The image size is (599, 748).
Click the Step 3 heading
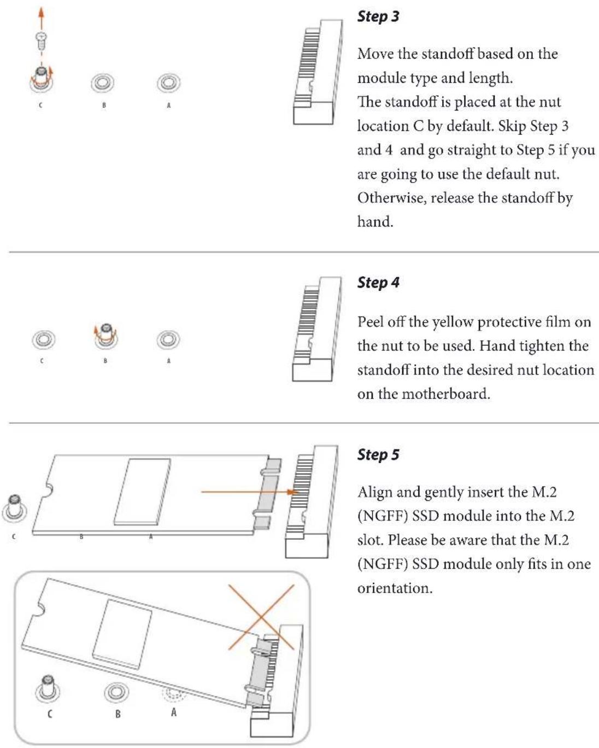378,17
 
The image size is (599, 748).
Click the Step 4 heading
378,282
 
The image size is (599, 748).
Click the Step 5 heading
378,454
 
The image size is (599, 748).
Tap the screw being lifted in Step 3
42,40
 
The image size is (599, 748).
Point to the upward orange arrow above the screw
42,19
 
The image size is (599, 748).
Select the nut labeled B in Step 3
103,83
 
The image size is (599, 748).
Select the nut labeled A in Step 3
168,83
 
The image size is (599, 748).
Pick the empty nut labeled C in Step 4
43,339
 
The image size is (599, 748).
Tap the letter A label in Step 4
169,361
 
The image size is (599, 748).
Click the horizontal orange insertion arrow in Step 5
250,492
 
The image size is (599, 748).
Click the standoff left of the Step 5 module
15,509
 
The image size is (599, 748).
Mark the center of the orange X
261,616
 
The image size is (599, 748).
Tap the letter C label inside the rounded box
50,714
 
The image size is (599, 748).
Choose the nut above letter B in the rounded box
116,692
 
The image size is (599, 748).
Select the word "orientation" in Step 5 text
395,588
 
